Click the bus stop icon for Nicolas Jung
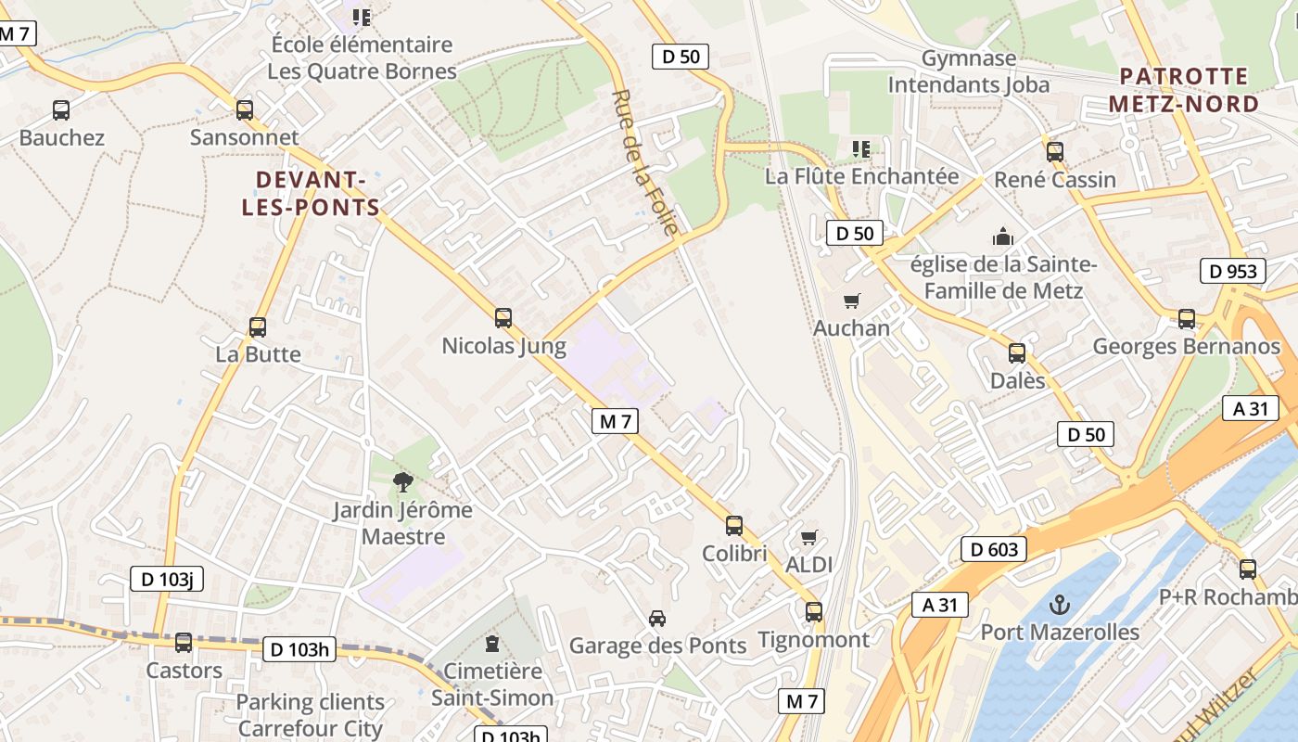(x=503, y=318)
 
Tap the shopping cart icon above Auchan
(x=851, y=301)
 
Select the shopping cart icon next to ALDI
(x=809, y=537)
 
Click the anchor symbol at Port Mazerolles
(x=1059, y=606)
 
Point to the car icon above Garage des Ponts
(x=656, y=619)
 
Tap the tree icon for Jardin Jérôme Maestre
(x=402, y=481)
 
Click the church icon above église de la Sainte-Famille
(x=1002, y=237)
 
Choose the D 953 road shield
(x=1233, y=271)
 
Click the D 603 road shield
(x=994, y=549)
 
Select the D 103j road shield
(x=166, y=580)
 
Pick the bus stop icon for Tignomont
(x=813, y=612)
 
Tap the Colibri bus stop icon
(x=734, y=526)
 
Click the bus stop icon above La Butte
(x=258, y=327)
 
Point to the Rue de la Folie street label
(x=645, y=162)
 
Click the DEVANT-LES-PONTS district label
(x=311, y=193)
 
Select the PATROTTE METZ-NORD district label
(x=1183, y=90)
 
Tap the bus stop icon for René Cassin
(x=1054, y=152)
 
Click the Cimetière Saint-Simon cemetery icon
(x=491, y=643)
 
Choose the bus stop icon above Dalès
(x=1017, y=353)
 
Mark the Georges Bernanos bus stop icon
(x=1186, y=319)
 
